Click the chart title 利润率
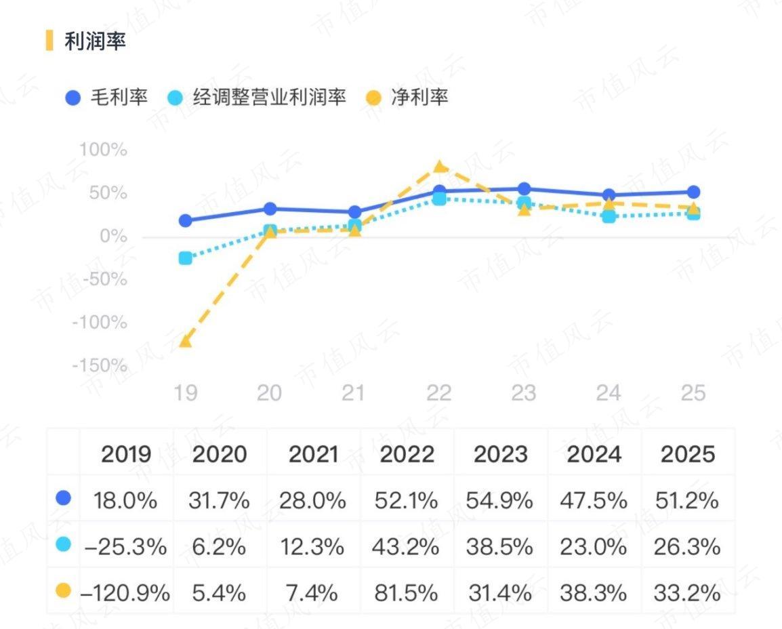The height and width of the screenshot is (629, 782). tap(95, 41)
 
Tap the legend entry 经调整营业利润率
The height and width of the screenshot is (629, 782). tap(258, 98)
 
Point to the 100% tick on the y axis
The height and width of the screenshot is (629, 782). tap(103, 150)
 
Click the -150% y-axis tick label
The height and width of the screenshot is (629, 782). tap(100, 366)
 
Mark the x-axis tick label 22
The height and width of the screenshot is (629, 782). tap(438, 393)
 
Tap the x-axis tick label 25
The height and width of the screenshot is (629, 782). tap(693, 393)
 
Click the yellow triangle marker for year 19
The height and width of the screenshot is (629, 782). tap(185, 340)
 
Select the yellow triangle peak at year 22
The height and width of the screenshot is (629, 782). tap(439, 167)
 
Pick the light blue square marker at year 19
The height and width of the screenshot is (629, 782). tap(185, 258)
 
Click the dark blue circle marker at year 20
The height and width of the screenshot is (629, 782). tap(270, 209)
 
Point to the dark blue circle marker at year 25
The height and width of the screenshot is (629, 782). tap(693, 192)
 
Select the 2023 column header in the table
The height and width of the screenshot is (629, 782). tap(501, 454)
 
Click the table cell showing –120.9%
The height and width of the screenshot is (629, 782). tap(125, 593)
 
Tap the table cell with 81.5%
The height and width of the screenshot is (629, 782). tap(406, 593)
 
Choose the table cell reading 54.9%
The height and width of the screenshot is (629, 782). tap(499, 501)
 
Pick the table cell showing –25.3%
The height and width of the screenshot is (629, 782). tap(125, 547)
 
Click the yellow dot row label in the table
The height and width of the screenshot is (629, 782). tap(63, 592)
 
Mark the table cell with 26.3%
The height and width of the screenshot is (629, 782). tap(686, 547)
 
